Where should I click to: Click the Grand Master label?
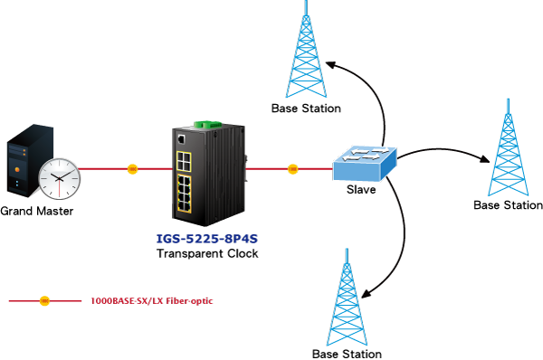click(x=37, y=211)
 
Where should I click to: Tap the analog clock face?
click(x=59, y=178)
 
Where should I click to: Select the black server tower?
click(x=30, y=160)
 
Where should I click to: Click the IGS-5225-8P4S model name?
click(x=207, y=239)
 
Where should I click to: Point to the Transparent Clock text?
click(x=207, y=253)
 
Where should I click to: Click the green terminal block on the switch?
click(x=208, y=125)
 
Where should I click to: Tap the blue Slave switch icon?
click(x=365, y=163)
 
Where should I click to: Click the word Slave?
click(x=361, y=189)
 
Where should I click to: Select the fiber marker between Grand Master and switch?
click(x=133, y=169)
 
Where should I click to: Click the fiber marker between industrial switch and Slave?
click(x=292, y=169)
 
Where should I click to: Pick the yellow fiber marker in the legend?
click(x=44, y=301)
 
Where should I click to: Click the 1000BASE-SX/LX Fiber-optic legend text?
click(x=152, y=301)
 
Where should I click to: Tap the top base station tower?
click(x=306, y=52)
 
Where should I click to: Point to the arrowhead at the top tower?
click(x=330, y=65)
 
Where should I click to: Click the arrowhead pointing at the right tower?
click(x=484, y=158)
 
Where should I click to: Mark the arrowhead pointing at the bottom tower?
click(x=367, y=294)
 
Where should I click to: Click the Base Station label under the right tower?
click(x=508, y=205)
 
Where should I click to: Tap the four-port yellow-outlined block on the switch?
click(x=184, y=161)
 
